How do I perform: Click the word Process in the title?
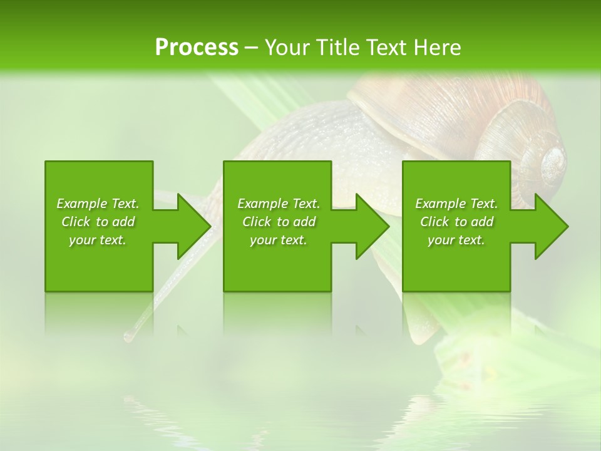(197, 48)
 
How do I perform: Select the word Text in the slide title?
(386, 48)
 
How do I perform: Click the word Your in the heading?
(289, 48)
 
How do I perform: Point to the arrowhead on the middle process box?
(371, 226)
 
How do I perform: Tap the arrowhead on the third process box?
(550, 226)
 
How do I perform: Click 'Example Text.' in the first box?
(98, 204)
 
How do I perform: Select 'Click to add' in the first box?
(98, 222)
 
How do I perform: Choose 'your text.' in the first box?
(98, 240)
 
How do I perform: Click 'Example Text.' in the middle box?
(278, 204)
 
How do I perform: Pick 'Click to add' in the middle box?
(278, 222)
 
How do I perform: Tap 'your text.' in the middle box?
(278, 240)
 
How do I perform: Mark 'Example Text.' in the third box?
(456, 204)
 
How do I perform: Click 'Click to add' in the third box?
(456, 222)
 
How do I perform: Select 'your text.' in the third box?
(456, 240)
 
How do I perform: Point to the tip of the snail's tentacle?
(128, 337)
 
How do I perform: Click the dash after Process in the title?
(251, 48)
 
